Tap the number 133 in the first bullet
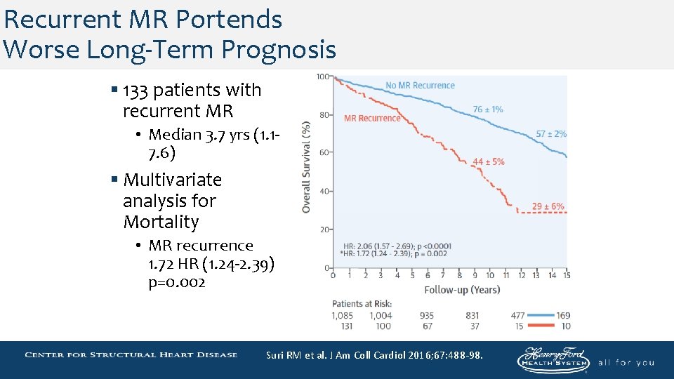pos(136,91)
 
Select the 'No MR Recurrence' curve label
pos(420,86)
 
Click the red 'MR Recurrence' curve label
pos(372,118)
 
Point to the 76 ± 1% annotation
pos(487,109)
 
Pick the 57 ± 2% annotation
pos(551,133)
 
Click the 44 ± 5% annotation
pos(488,162)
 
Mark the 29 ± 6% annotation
pos(548,206)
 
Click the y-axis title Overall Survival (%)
pos(306,168)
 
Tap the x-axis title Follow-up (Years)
pos(462,289)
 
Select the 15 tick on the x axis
pos(566,275)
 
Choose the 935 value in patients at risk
pos(427,316)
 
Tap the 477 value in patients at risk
pos(517,316)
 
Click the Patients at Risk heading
pos(362,304)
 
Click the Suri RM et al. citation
pos(374,355)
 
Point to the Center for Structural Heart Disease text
pos(131,354)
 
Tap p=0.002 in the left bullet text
pos(177,282)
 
